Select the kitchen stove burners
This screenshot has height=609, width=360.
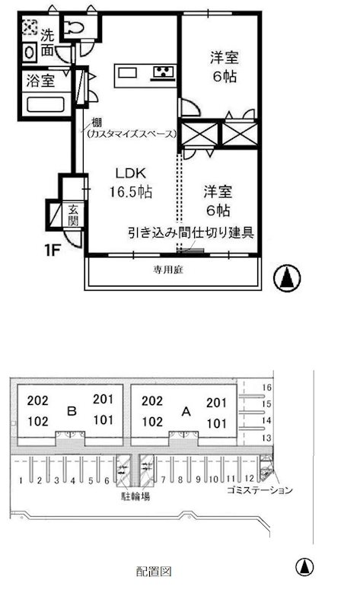[162, 73]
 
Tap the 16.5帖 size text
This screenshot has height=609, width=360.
[130, 192]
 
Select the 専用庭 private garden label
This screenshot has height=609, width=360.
[171, 269]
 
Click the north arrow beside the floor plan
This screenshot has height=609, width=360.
[287, 279]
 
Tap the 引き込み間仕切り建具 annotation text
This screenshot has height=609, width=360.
[190, 232]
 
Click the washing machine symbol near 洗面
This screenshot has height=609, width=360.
[28, 28]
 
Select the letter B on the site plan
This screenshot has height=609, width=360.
[71, 411]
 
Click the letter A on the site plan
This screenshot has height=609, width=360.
[185, 411]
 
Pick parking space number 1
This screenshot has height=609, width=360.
[20, 481]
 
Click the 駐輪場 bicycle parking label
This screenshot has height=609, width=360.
[134, 496]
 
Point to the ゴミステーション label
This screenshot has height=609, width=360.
[259, 491]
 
